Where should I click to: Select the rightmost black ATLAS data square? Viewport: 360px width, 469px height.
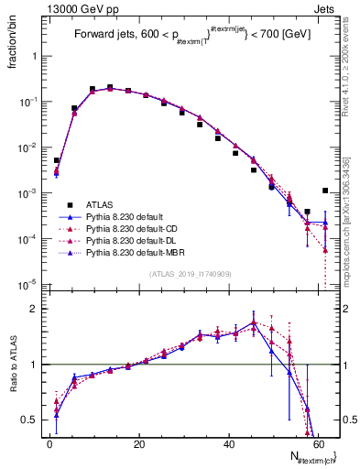tap(325, 191)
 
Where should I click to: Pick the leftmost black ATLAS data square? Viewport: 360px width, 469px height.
tap(57, 160)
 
